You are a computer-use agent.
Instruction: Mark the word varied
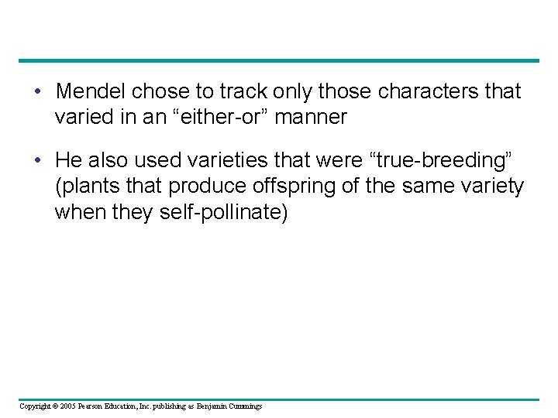click(x=81, y=117)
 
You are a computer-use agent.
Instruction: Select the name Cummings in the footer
click(x=243, y=406)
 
